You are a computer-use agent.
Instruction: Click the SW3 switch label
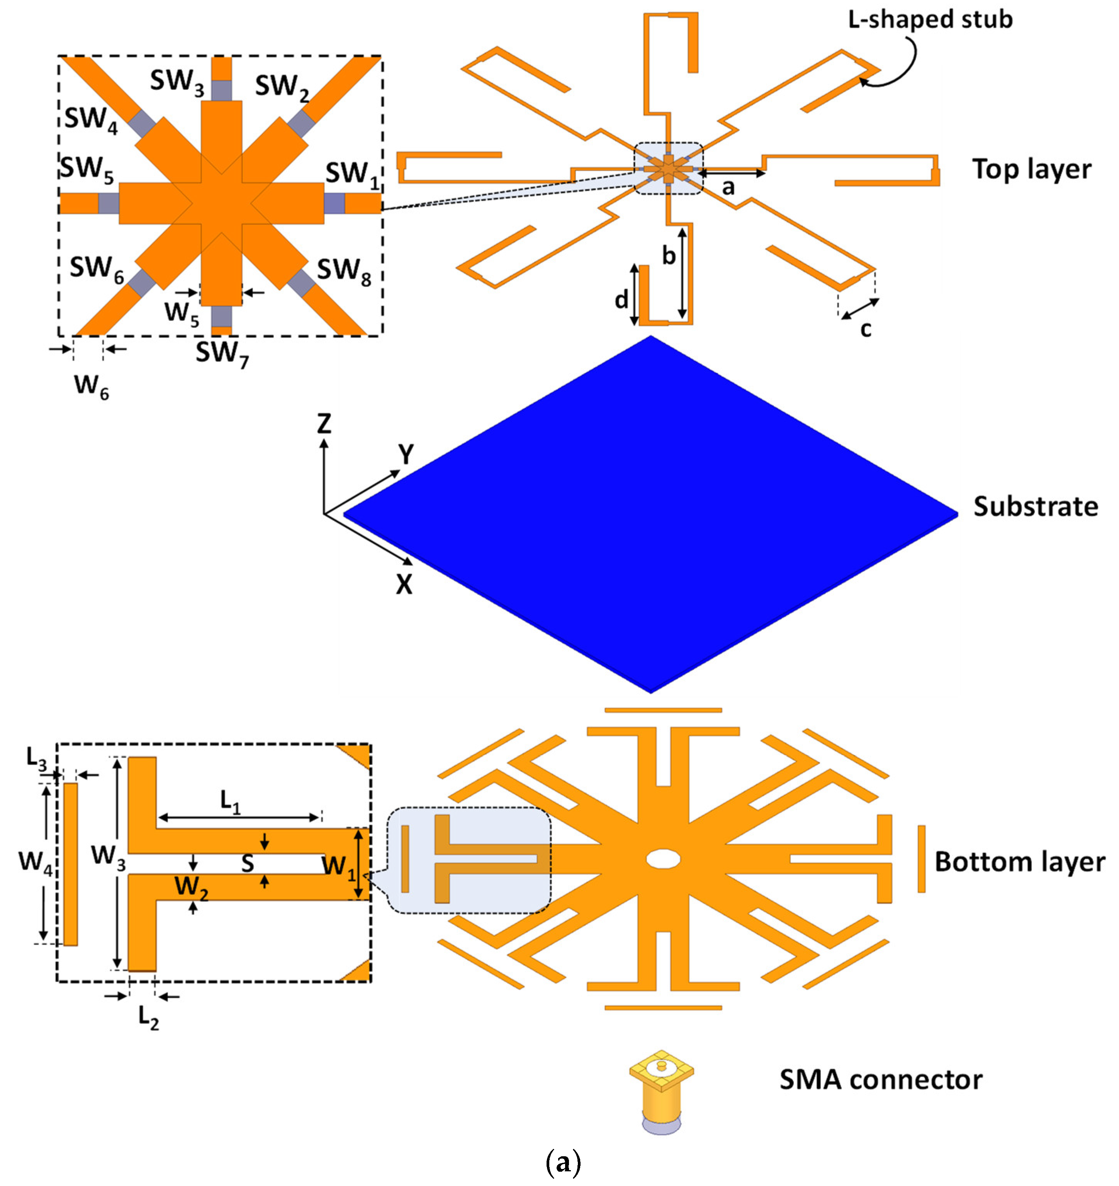coord(177,82)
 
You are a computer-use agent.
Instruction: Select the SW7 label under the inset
coord(222,354)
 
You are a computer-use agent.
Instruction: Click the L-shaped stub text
coord(931,20)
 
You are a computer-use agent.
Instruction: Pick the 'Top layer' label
coord(1032,170)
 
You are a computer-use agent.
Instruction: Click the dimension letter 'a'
coord(728,187)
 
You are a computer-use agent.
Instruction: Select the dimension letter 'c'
coord(865,328)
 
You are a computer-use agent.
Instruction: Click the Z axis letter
coord(324,424)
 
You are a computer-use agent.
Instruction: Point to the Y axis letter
coord(406,455)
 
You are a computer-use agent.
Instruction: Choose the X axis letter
coord(404,585)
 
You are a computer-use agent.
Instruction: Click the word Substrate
coord(1036,507)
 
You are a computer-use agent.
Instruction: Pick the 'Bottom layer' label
coord(1019,862)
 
